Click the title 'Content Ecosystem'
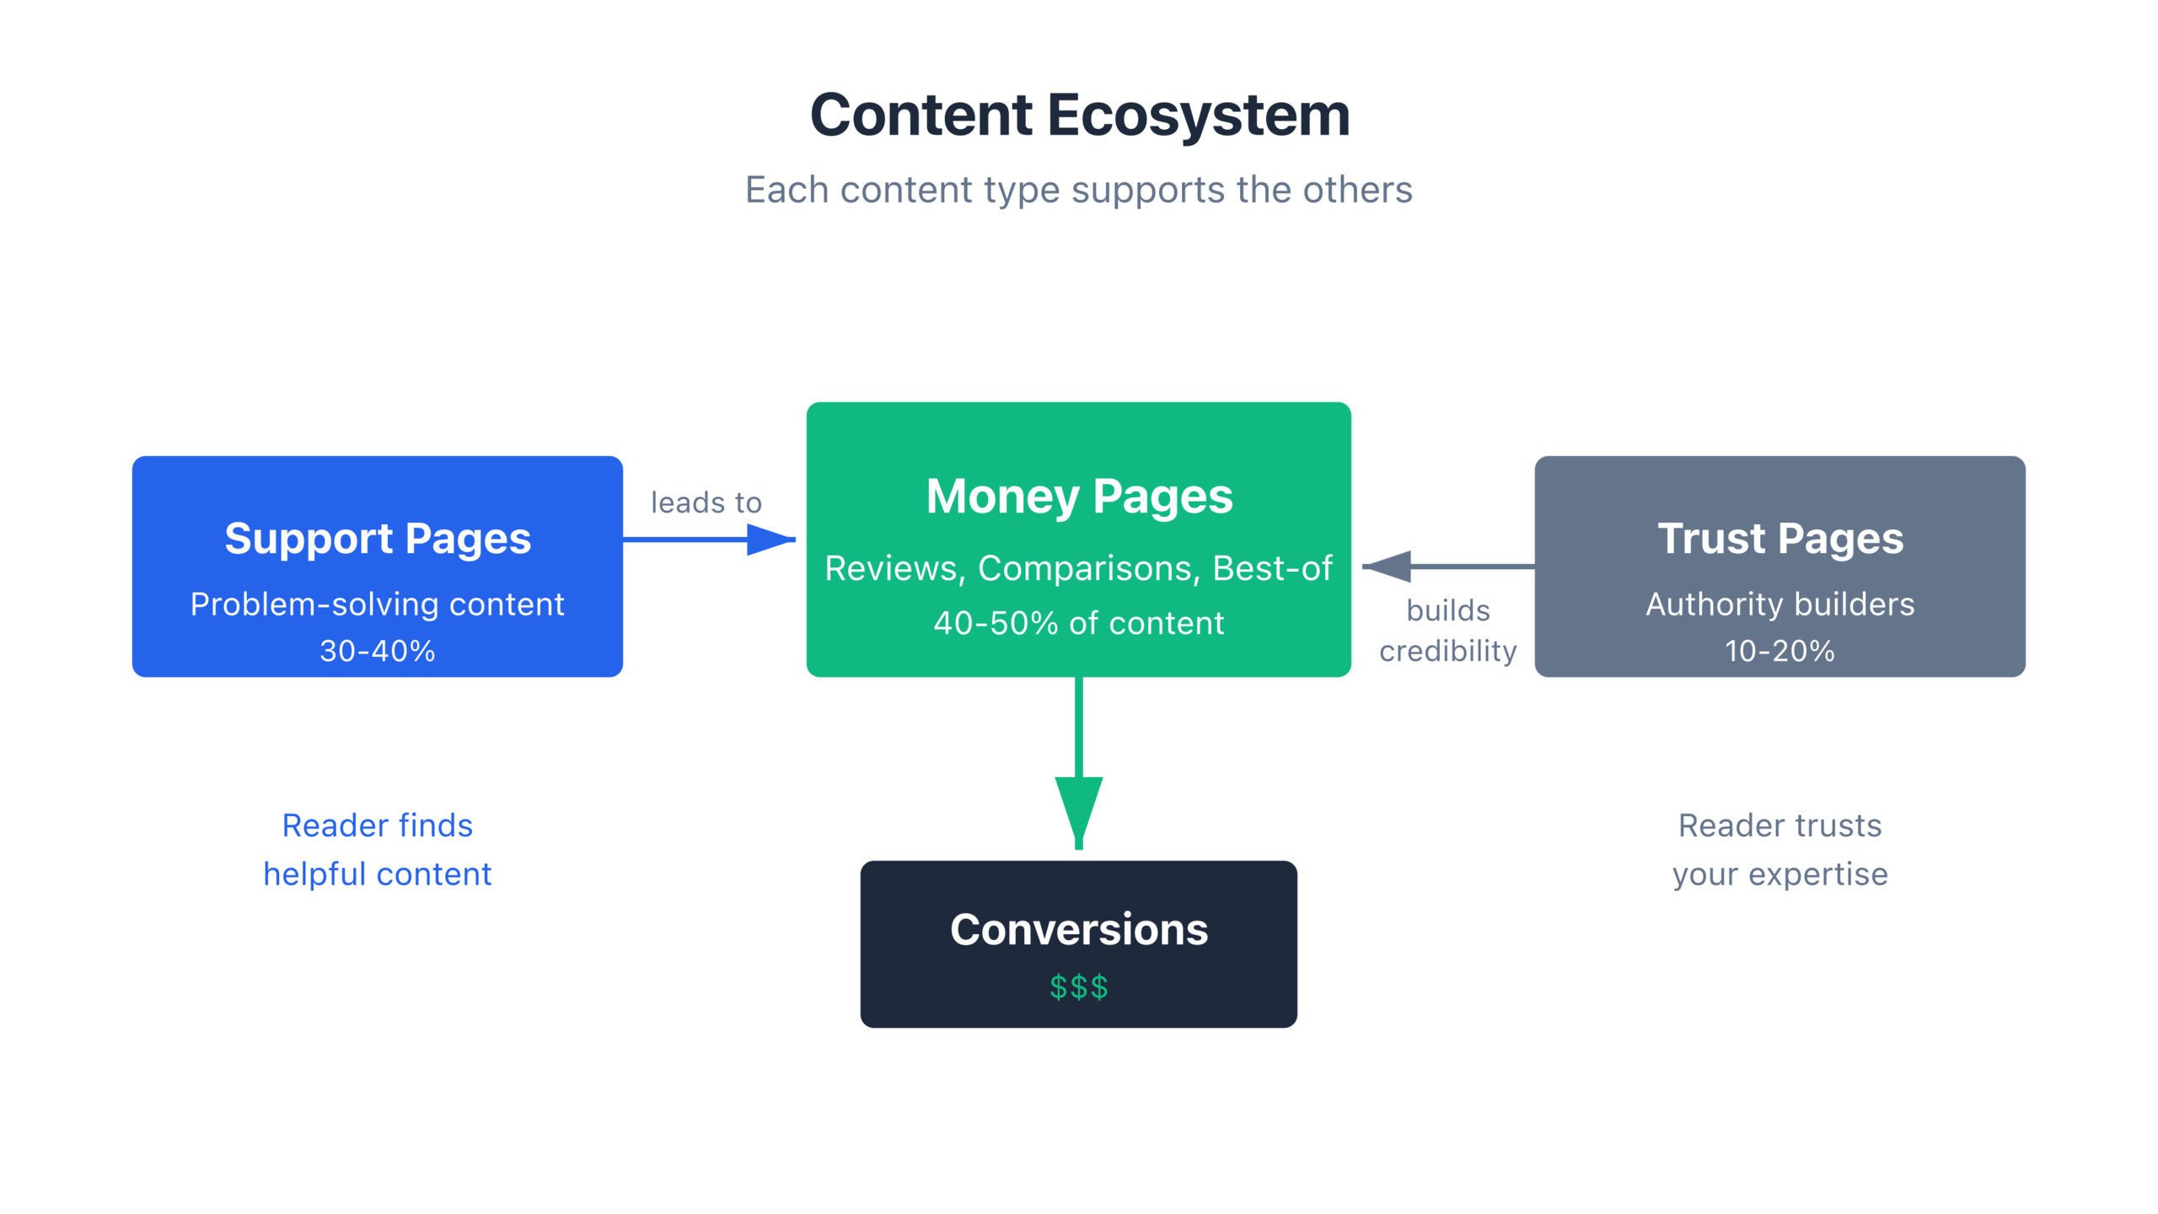click(x=1079, y=115)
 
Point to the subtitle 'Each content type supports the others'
click(x=1079, y=190)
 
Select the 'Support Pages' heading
click(x=378, y=539)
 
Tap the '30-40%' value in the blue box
click(x=378, y=651)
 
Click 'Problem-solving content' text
click(x=378, y=604)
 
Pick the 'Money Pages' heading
click(x=1079, y=496)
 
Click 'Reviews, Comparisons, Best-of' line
click(x=1079, y=568)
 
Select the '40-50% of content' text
click(x=1079, y=623)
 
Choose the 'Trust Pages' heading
click(x=1780, y=539)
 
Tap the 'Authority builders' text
click(x=1780, y=604)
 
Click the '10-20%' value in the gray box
click(x=1780, y=651)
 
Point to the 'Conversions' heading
click(x=1079, y=929)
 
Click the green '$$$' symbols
click(x=1079, y=986)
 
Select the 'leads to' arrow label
click(x=706, y=502)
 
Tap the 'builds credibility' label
click(x=1447, y=631)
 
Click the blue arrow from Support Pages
click(x=708, y=540)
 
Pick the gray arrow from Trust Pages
click(x=1450, y=567)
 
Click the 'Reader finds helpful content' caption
click(x=378, y=850)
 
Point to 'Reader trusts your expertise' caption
click(x=1780, y=850)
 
